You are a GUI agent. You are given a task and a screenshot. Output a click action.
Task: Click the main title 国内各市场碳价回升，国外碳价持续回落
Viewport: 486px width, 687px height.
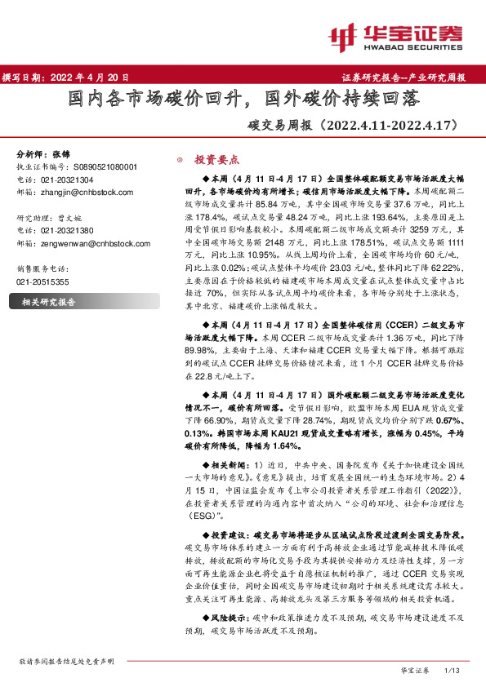243,100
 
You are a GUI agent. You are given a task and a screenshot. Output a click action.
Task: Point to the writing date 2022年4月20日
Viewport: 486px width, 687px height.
66,77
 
